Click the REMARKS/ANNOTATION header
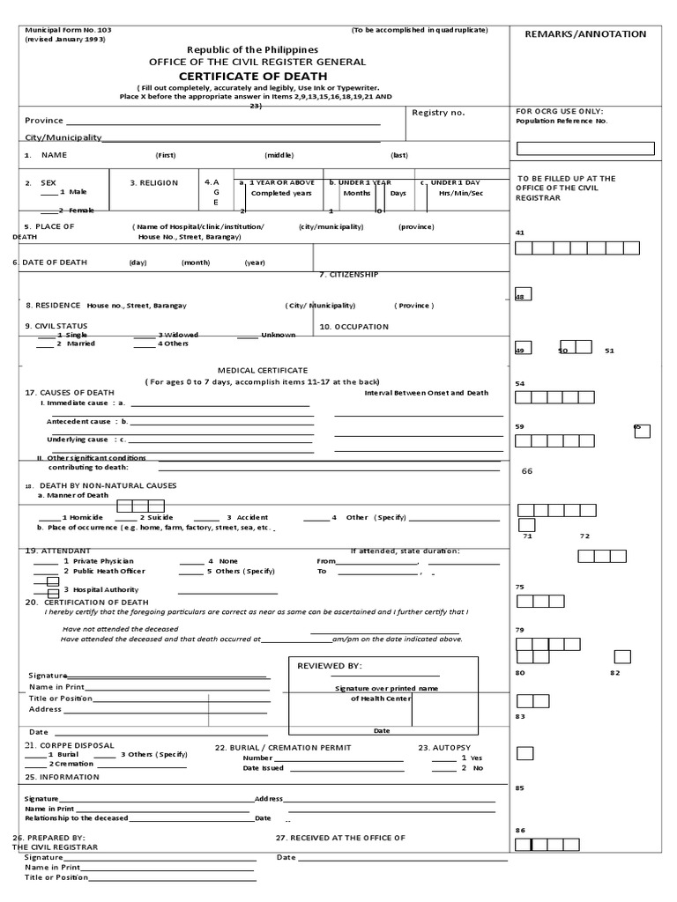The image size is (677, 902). pyautogui.click(x=585, y=33)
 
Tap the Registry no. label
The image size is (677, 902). pyautogui.click(x=438, y=113)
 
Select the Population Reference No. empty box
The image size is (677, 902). pyautogui.click(x=585, y=148)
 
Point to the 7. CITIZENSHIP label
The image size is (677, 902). pyautogui.click(x=348, y=275)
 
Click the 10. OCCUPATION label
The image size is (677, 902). pyautogui.click(x=353, y=327)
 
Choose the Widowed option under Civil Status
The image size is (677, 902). pyautogui.click(x=177, y=335)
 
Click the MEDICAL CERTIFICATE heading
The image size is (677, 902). pyautogui.click(x=263, y=371)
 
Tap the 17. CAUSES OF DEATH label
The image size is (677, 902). pyautogui.click(x=70, y=392)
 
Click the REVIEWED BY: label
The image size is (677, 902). pyautogui.click(x=329, y=666)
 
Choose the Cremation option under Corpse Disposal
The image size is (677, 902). pyautogui.click(x=73, y=764)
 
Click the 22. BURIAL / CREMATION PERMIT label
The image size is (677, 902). pyautogui.click(x=283, y=747)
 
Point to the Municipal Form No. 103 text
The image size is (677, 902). pyautogui.click(x=69, y=30)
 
